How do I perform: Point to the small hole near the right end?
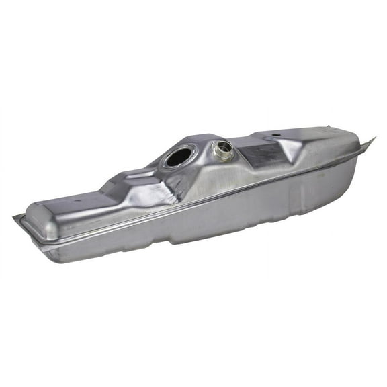(x=275, y=138)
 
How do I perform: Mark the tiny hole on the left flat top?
(x=77, y=200)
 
